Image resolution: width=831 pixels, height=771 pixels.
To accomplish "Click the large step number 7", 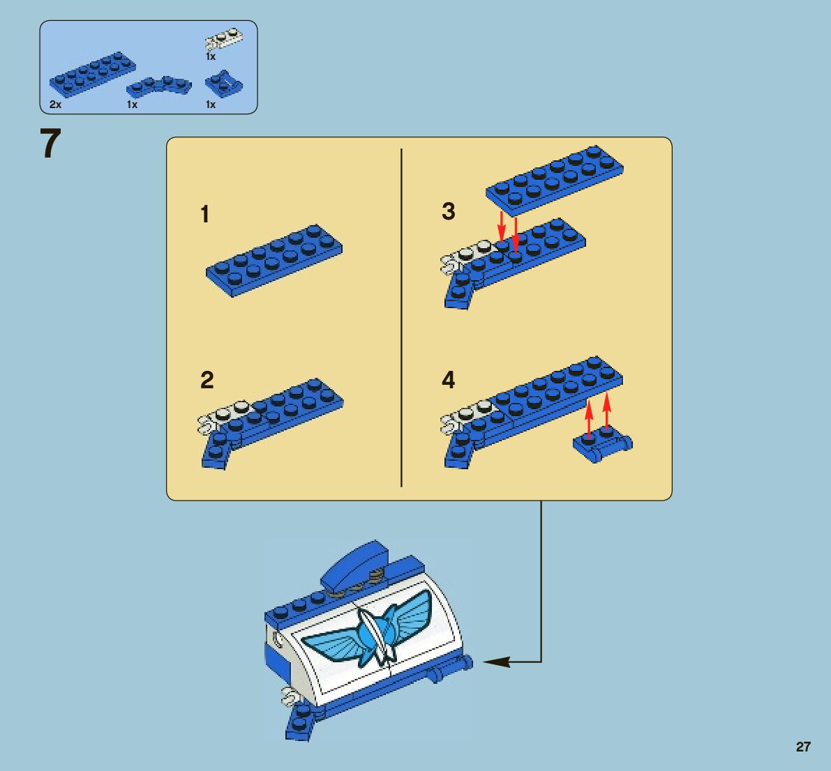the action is [x=50, y=143].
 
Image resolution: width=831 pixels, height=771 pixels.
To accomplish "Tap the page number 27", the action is [x=803, y=747].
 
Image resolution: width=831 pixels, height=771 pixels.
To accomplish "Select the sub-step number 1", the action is [x=205, y=215].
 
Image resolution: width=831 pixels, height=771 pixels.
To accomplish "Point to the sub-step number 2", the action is [x=207, y=380].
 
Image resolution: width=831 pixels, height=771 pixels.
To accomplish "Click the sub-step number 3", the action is [x=449, y=211].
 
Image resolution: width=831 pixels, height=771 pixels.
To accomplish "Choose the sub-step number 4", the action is [x=449, y=380].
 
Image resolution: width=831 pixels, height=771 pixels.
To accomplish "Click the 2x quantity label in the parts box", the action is [x=55, y=105].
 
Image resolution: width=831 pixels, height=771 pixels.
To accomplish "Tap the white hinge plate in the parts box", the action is [x=225, y=40].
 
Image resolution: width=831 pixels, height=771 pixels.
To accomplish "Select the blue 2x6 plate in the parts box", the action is [x=93, y=74].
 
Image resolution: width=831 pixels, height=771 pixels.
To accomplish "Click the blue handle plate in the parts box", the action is [x=224, y=84].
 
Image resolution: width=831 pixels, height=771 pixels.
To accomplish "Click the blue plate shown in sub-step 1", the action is [x=274, y=260].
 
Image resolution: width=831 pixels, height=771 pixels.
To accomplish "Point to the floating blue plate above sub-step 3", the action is [x=555, y=181].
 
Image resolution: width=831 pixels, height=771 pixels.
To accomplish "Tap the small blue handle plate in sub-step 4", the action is [x=603, y=445].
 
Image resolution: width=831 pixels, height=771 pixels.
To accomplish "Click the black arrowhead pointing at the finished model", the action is [x=497, y=662].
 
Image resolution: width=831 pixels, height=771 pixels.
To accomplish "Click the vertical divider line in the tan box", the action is [x=401, y=318].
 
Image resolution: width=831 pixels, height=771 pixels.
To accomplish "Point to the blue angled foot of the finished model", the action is [x=301, y=722].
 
